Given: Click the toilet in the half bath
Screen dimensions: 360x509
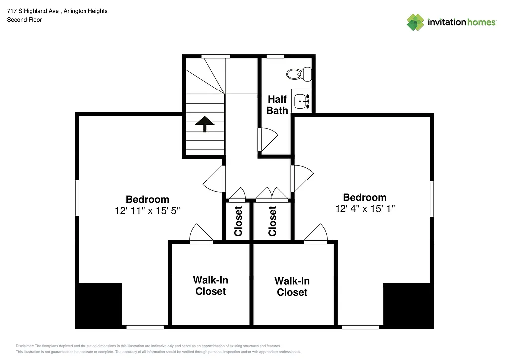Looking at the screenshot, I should (299, 74).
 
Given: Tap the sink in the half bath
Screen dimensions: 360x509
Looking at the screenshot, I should (301, 102).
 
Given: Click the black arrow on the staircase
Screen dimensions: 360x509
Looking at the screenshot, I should (204, 124).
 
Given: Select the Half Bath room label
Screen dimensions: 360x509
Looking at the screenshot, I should (277, 105).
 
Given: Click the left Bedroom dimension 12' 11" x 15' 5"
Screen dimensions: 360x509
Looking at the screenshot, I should (147, 211).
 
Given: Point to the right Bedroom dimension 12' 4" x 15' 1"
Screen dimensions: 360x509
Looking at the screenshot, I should (365, 209).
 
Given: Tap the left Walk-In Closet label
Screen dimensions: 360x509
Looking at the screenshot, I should (210, 286).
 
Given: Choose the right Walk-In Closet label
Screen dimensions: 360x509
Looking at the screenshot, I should (292, 287).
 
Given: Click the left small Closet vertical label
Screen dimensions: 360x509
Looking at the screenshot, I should (238, 221).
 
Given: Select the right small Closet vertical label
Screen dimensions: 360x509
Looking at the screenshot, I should (272, 221).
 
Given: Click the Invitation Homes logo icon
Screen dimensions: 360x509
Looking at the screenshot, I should (415, 22).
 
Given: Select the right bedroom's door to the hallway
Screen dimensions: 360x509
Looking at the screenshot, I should (302, 178).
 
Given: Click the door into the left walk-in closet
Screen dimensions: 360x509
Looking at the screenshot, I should (201, 234).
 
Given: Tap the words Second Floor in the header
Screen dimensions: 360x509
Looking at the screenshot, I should (24, 20).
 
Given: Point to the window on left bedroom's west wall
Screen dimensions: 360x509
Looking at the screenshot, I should (77, 198).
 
